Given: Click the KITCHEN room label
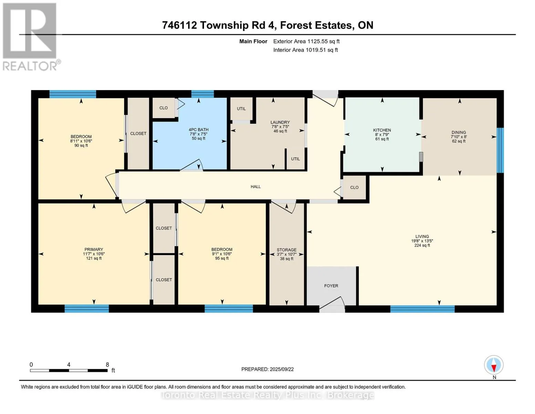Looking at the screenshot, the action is pyautogui.click(x=382, y=130).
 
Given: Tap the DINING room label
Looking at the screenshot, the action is pyautogui.click(x=459, y=132).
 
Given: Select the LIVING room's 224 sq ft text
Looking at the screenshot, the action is pyautogui.click(x=422, y=245).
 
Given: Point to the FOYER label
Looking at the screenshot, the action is pyautogui.click(x=331, y=286).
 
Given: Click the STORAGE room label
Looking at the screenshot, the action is pyautogui.click(x=287, y=250).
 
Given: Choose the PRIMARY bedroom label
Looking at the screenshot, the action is pyautogui.click(x=94, y=249).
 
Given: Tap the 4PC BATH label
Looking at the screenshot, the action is pyautogui.click(x=198, y=130).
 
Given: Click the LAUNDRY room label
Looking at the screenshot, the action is pyautogui.click(x=280, y=122).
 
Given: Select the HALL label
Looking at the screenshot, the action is pyautogui.click(x=256, y=187).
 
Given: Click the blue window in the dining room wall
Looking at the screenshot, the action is pyautogui.click(x=500, y=150).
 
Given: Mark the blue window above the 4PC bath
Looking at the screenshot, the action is pyautogui.click(x=202, y=94).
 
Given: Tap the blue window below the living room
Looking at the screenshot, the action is pyautogui.click(x=422, y=309).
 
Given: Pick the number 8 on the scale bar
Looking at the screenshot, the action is pyautogui.click(x=107, y=365).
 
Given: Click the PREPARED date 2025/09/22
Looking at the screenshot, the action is pyautogui.click(x=282, y=369).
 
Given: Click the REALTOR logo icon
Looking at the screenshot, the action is pyautogui.click(x=30, y=31).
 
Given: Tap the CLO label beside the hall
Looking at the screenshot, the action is pyautogui.click(x=354, y=187).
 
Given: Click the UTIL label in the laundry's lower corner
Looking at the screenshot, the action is pyautogui.click(x=296, y=159).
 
